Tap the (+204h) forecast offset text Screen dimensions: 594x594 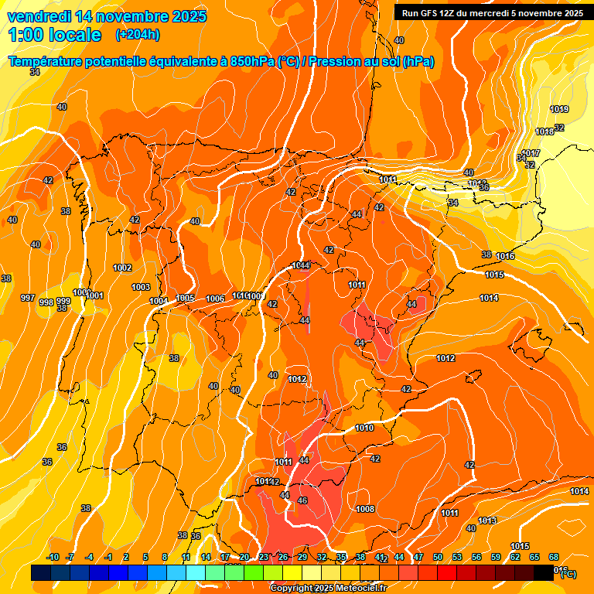[137, 35]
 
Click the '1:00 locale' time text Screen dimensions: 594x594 [55, 35]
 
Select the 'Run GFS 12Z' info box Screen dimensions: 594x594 [489, 13]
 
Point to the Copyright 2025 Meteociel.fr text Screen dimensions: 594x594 [328, 588]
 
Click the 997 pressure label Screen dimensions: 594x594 [28, 299]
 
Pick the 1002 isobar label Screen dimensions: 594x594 [122, 268]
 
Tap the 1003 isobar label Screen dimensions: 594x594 [141, 288]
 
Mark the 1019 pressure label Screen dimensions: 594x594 [559, 109]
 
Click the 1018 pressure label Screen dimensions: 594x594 [544, 132]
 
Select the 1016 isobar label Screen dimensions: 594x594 [506, 257]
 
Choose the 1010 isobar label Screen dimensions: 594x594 [364, 428]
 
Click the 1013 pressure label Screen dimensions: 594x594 [486, 521]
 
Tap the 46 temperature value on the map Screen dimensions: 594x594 [302, 501]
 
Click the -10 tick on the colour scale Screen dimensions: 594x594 [53, 558]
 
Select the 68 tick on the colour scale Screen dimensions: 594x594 [554, 558]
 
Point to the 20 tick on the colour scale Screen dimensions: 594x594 [244, 558]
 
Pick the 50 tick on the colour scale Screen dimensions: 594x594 [438, 558]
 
